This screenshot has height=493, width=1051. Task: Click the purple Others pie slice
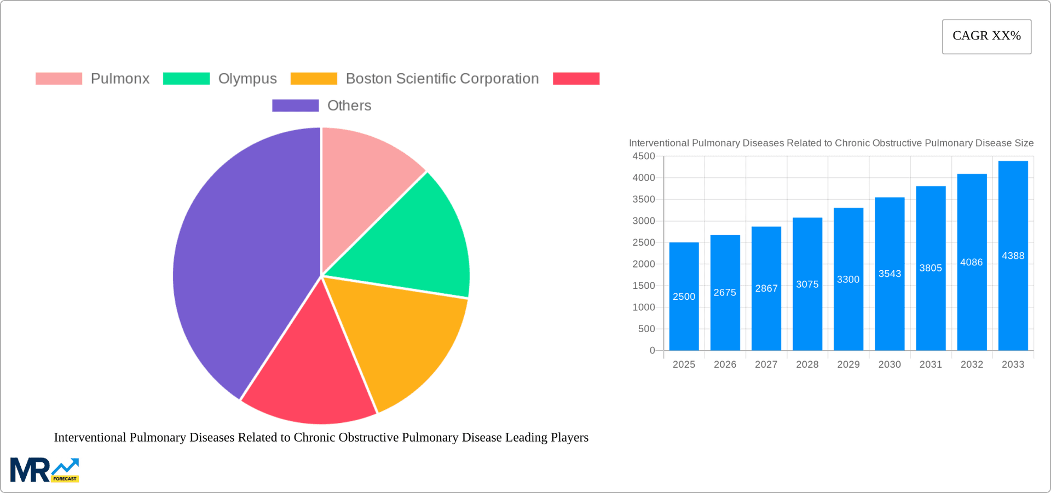tap(241, 263)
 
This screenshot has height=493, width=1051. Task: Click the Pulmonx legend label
tap(120, 79)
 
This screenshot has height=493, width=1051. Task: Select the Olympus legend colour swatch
tap(186, 79)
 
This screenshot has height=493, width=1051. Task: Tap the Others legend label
tap(349, 106)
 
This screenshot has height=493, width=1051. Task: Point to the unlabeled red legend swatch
tap(576, 79)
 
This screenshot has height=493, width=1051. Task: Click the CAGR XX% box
tap(986, 37)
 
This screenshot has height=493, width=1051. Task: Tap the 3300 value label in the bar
tap(848, 280)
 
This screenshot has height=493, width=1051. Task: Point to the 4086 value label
tap(971, 263)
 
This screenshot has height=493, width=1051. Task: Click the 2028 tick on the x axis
tap(807, 364)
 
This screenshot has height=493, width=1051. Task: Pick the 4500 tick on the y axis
tap(644, 156)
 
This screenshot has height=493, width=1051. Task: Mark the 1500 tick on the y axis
tap(644, 286)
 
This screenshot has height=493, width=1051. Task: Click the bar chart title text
tap(831, 143)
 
